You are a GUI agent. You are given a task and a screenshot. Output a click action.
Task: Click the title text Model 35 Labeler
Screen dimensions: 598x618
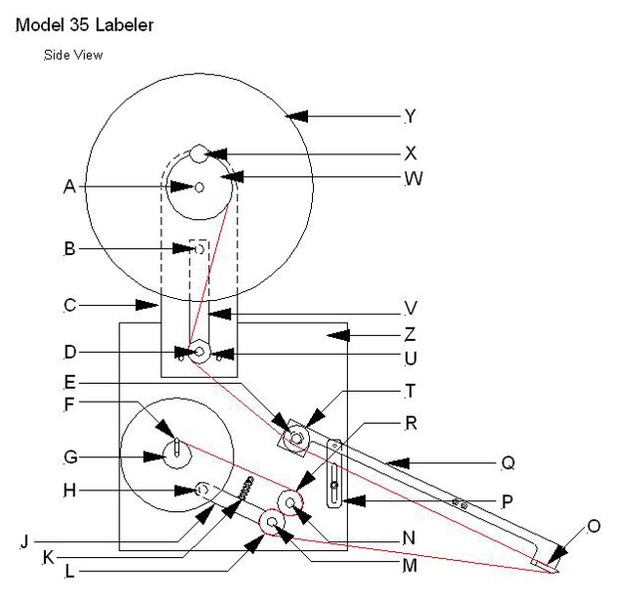[x=84, y=25]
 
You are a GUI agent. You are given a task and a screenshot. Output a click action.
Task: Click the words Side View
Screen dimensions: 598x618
[x=73, y=55]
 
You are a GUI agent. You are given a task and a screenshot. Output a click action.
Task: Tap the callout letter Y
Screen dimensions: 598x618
[x=410, y=117]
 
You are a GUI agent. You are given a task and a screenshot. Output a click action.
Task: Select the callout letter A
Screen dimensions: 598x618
[x=69, y=185]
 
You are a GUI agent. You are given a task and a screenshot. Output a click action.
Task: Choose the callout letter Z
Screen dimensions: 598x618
[x=410, y=335]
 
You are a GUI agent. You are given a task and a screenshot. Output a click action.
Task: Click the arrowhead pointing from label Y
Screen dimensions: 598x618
[x=290, y=117]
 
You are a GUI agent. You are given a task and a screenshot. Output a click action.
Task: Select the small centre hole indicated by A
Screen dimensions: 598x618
[x=199, y=186]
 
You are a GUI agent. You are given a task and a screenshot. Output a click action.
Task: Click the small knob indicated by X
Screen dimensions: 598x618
[x=199, y=153]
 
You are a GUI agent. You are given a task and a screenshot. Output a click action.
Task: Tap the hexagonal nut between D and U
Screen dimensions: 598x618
[x=198, y=352]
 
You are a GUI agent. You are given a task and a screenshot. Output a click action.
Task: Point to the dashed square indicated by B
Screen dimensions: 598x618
[x=198, y=247]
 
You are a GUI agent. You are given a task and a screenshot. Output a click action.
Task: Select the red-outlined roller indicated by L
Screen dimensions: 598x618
[x=271, y=521]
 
